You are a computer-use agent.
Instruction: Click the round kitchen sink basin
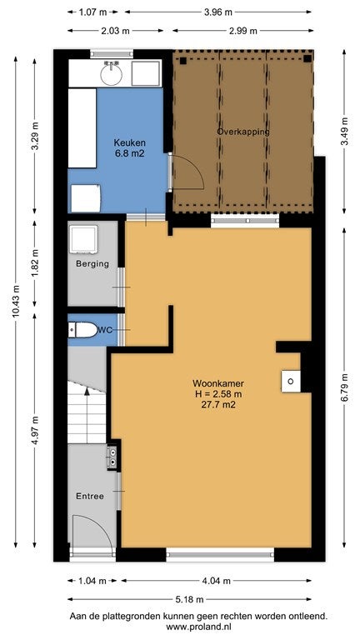point(111,73)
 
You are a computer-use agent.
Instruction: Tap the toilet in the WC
point(82,330)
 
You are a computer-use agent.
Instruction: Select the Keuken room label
point(129,143)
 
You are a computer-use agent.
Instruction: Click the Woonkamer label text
point(218,383)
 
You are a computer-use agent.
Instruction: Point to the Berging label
point(92,263)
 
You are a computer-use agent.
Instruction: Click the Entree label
point(90,497)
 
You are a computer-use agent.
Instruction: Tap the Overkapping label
point(243,132)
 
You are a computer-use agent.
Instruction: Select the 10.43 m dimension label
point(16,300)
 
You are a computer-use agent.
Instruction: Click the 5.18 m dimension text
point(189,599)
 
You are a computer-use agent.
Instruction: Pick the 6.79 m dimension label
point(345,387)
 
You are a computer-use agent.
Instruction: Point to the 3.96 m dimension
point(218,12)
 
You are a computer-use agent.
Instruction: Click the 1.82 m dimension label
point(34,263)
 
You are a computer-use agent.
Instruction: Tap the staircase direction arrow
point(87,410)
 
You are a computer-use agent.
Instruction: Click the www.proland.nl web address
point(199,626)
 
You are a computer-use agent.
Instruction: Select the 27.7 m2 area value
point(218,405)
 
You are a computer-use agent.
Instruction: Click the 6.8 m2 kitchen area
point(129,154)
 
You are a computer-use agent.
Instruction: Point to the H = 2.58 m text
point(218,394)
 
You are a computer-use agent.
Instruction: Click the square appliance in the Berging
point(83,239)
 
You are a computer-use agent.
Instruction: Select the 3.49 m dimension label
point(345,131)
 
